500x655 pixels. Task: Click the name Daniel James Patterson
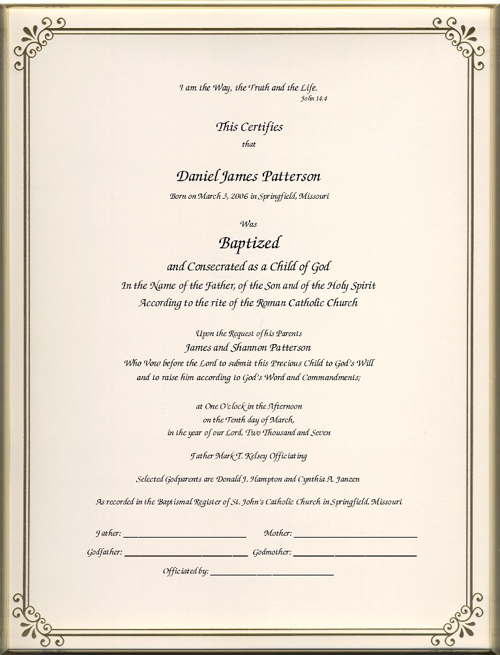[248, 177]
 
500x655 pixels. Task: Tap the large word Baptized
[249, 243]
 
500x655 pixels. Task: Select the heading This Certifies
[249, 127]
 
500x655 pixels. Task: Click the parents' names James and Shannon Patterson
[248, 347]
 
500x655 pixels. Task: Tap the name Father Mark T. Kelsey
[226, 456]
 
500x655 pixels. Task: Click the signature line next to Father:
[184, 536]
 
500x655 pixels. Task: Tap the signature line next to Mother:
[355, 536]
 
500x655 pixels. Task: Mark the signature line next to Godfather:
[186, 555]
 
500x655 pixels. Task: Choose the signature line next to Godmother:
[355, 555]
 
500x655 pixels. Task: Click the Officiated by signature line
[272, 574]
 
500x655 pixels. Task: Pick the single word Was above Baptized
[248, 224]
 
